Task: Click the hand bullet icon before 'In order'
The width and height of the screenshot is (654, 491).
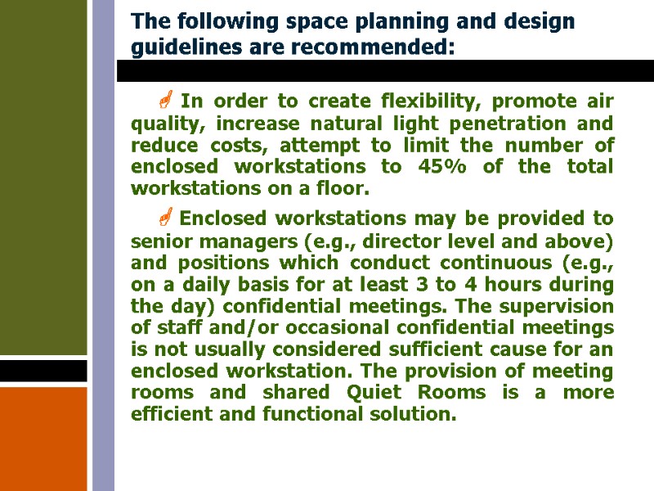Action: point(164,102)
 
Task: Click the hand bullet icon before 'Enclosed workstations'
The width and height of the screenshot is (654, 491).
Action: point(164,218)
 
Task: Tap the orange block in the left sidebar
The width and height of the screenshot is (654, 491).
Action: point(43,438)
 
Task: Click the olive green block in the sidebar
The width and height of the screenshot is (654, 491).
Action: point(43,176)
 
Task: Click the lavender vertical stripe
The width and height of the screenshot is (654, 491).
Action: point(103,245)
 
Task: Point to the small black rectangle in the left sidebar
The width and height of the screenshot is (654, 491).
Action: point(43,371)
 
